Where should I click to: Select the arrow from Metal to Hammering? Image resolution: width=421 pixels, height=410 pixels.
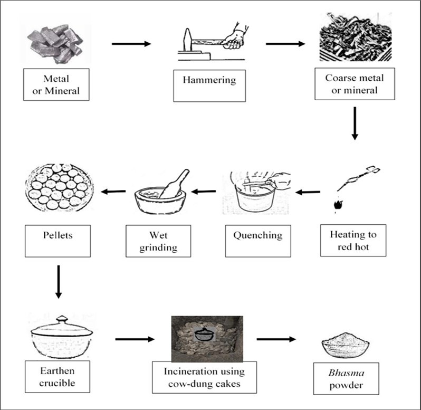tap(131, 43)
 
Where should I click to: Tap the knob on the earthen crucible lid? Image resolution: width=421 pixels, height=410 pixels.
tap(62, 319)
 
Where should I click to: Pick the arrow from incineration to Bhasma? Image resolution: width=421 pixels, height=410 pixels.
tap(277, 338)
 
